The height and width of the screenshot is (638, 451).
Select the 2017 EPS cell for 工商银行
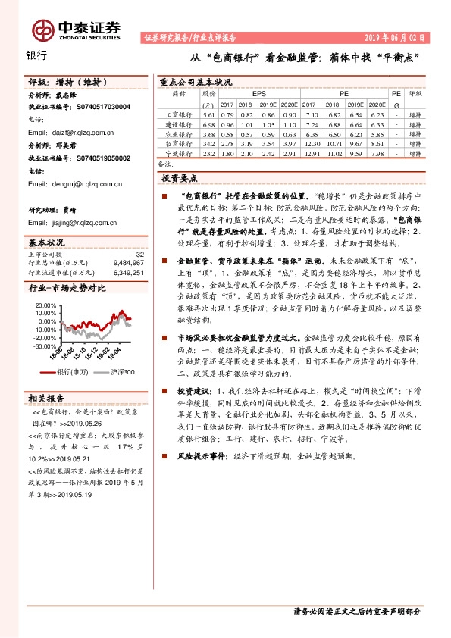(227, 114)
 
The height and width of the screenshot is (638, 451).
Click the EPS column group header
(258, 93)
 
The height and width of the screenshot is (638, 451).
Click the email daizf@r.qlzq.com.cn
(71, 133)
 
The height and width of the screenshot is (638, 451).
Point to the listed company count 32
(139, 255)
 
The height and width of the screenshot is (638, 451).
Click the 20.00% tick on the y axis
(45, 305)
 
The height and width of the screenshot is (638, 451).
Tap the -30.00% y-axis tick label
(45, 346)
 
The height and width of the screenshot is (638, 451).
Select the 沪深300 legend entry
(123, 372)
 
